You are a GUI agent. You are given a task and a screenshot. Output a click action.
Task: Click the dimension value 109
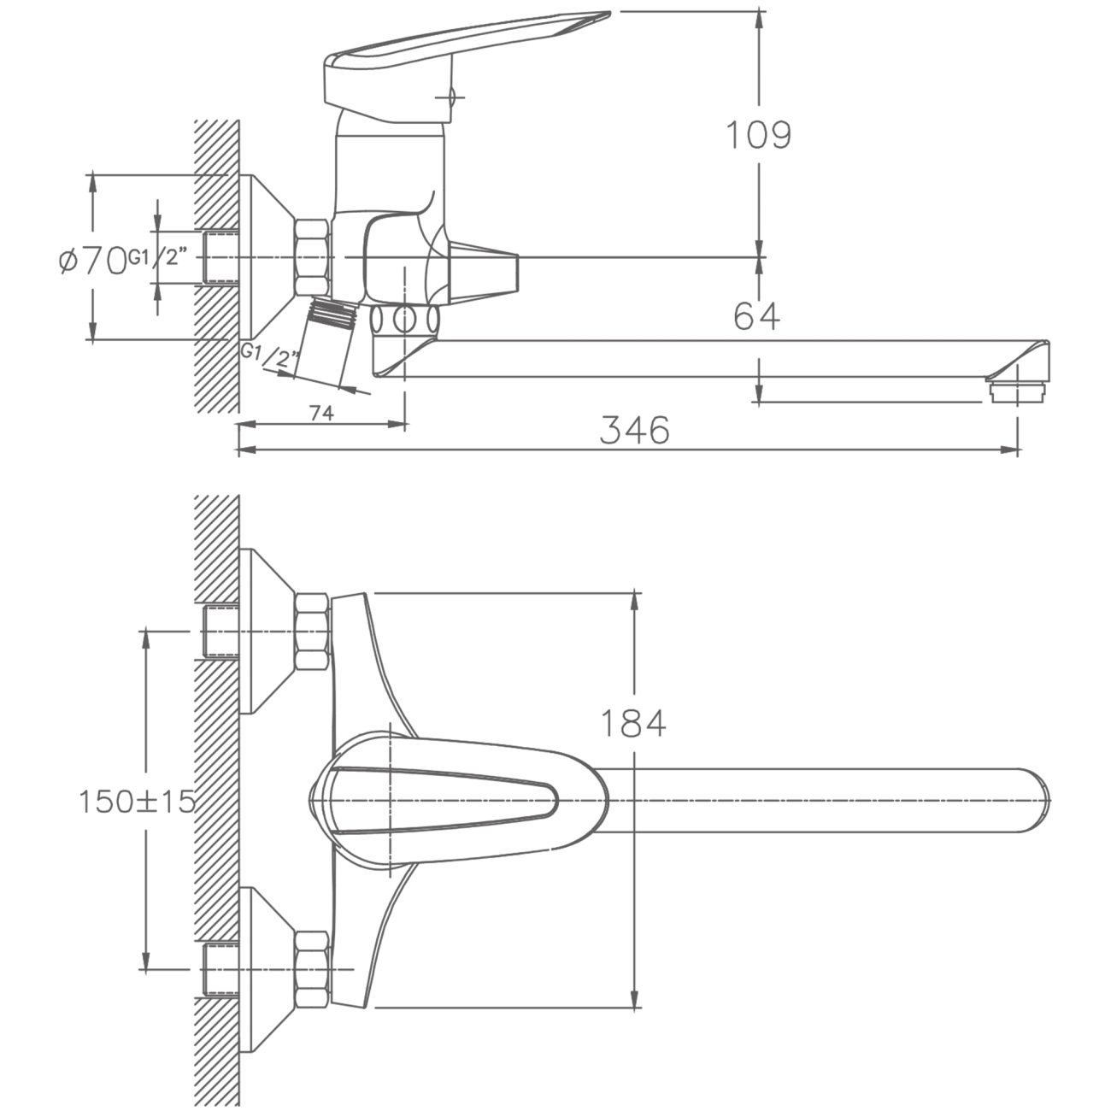758,136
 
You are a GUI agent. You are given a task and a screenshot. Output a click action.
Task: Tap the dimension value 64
757,316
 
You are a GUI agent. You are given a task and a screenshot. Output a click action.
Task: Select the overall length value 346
635,430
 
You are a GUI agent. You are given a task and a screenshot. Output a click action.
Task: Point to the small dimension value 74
321,413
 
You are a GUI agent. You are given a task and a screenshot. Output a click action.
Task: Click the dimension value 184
633,724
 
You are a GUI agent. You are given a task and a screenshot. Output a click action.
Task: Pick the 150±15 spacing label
137,802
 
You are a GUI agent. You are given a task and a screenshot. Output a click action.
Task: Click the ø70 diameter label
93,260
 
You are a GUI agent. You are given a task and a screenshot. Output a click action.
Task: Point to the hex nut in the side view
313,257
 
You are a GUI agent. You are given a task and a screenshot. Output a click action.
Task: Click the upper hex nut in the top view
313,632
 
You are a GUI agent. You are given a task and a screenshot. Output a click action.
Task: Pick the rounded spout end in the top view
1033,800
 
